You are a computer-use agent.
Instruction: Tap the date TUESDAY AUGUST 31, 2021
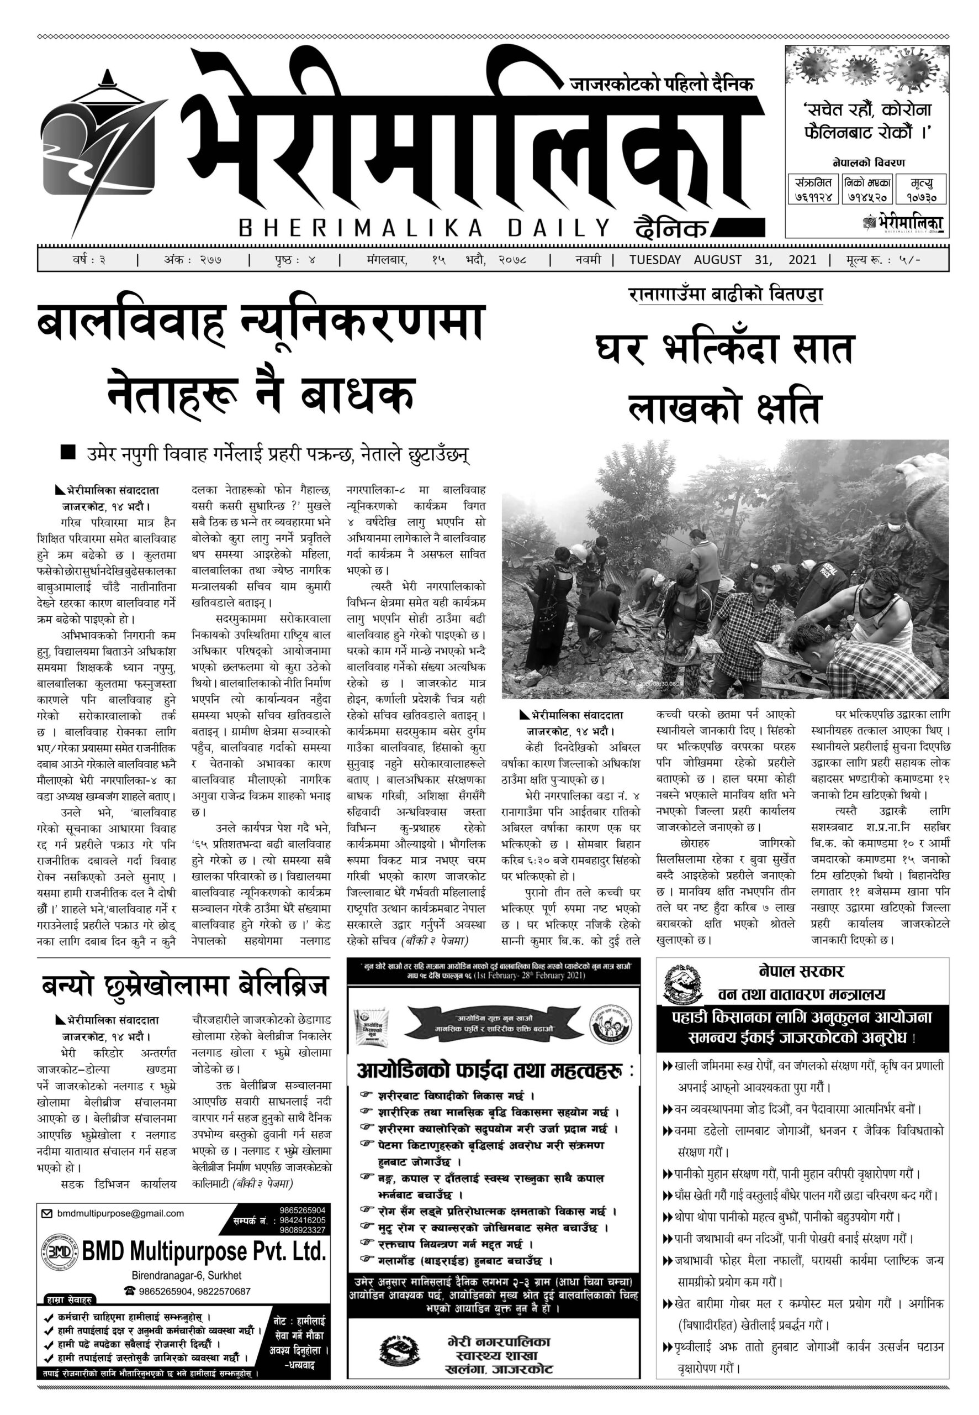[x=722, y=260]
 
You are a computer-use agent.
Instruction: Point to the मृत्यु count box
[x=920, y=190]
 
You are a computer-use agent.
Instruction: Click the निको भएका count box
[x=867, y=190]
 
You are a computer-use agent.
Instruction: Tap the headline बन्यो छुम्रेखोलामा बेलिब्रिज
[x=184, y=987]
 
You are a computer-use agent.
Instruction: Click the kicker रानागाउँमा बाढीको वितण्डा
[x=724, y=295]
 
